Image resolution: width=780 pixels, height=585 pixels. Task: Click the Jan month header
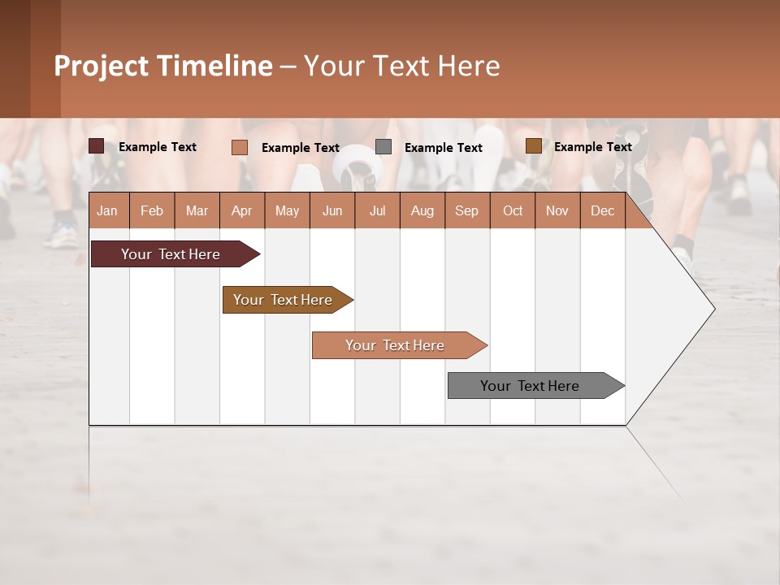107,210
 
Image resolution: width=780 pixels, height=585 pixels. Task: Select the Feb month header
152,210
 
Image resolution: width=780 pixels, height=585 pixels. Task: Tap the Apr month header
241,210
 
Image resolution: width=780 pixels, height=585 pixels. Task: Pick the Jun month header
332,210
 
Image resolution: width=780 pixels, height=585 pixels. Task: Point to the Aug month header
422,210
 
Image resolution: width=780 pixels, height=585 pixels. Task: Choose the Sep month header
466,210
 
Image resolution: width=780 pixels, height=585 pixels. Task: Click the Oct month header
513,210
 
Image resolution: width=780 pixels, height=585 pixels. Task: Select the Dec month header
602,210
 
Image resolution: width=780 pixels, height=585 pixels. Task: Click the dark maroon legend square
96,146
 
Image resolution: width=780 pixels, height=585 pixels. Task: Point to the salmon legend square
239,147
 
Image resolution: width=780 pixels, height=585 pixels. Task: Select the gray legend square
383,147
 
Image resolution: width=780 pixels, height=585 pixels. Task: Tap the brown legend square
533,146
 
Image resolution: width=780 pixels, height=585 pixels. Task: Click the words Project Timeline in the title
162,66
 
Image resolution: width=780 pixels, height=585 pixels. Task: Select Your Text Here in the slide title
401,66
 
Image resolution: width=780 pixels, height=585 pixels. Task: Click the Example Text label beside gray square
443,148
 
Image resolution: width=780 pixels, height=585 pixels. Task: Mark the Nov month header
557,210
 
